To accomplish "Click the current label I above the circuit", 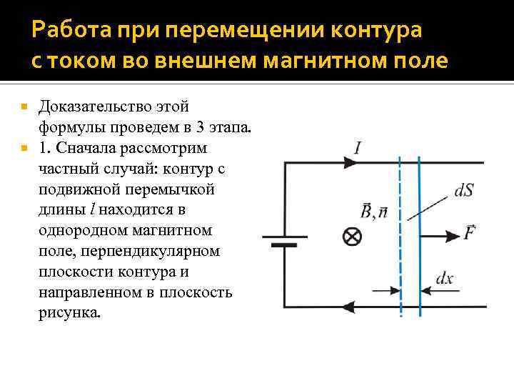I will [356, 148].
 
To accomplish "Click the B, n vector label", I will [373, 212].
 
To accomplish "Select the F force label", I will [470, 233].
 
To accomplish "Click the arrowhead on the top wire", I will [353, 163].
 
